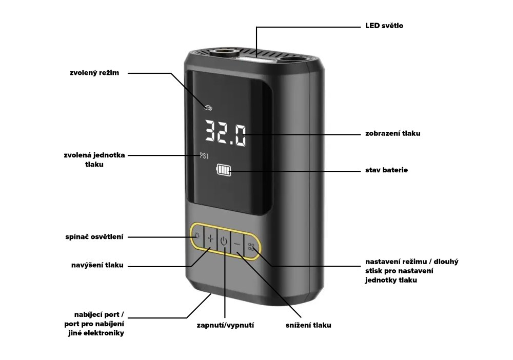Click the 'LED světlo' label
pyautogui.click(x=384, y=26)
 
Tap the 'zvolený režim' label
pyautogui.click(x=94, y=73)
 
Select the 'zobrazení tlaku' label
pyautogui.click(x=392, y=133)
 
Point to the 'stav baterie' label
pyautogui.click(x=386, y=170)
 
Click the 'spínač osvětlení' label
pyautogui.click(x=94, y=237)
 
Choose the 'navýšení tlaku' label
pyautogui.click(x=97, y=265)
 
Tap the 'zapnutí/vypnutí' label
pyautogui.click(x=225, y=325)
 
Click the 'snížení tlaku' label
pyautogui.click(x=308, y=325)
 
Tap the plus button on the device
pyautogui.click(x=210, y=238)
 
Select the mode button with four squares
pyautogui.click(x=251, y=247)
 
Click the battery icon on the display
pyautogui.click(x=224, y=170)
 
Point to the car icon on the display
pyautogui.click(x=208, y=107)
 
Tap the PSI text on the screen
pyautogui.click(x=204, y=156)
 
